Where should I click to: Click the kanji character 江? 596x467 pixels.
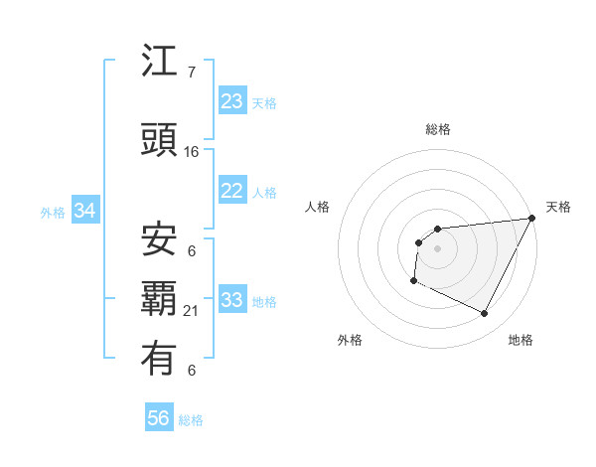[160, 62]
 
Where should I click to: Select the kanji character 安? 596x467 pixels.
[160, 238]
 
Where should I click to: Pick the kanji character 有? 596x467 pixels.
[160, 359]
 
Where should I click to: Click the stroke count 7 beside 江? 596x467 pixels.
[192, 73]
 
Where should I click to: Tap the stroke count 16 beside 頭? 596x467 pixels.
[192, 152]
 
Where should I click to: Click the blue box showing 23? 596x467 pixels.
[232, 101]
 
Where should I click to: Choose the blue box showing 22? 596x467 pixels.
[232, 191]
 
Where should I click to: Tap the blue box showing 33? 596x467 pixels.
[232, 300]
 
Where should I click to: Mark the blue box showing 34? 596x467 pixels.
[85, 211]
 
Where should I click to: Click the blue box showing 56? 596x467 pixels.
[159, 418]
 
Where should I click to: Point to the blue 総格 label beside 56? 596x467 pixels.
[191, 420]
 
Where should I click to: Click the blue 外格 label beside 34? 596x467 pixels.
[54, 212]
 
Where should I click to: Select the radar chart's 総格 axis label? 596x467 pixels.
[438, 129]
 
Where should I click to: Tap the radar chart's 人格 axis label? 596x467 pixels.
[318, 207]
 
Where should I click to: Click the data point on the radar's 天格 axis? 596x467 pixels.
[533, 219]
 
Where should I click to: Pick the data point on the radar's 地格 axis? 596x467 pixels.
[485, 314]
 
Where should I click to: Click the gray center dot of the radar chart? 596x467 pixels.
[437, 248]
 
